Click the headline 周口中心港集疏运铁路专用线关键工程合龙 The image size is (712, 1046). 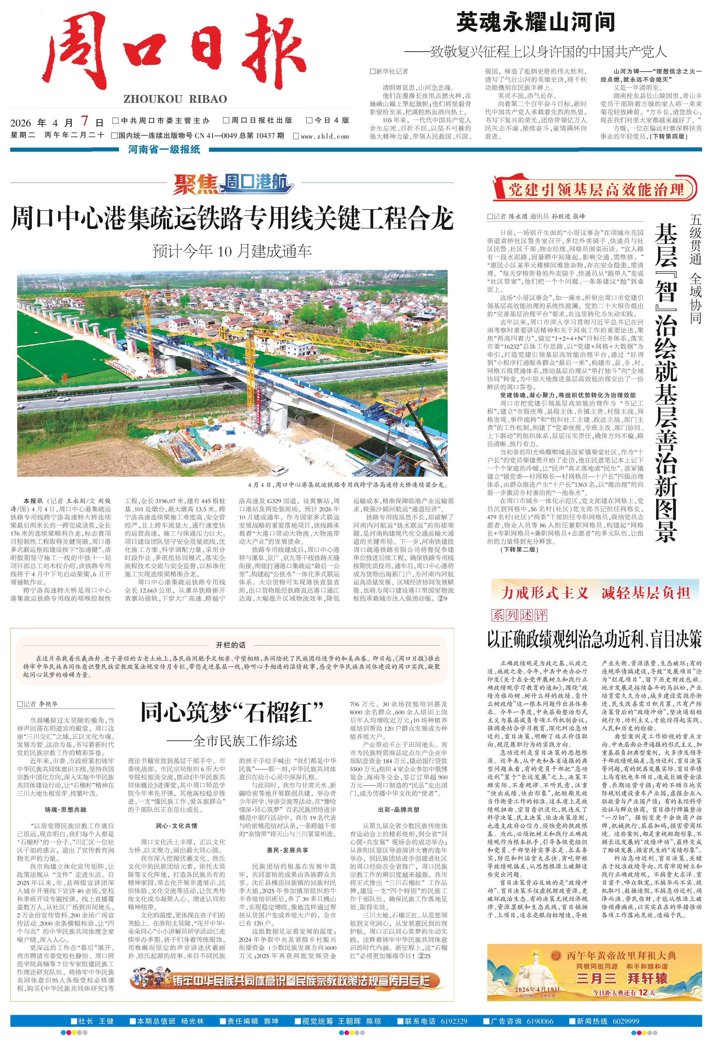232,219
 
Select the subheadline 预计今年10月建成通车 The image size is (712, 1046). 232,251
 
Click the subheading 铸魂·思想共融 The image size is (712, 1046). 65,810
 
